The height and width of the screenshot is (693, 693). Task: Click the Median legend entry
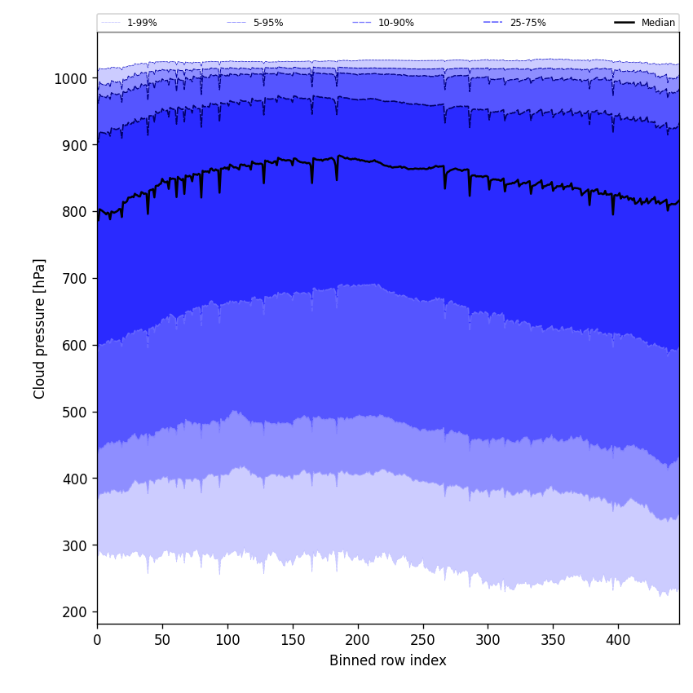658,23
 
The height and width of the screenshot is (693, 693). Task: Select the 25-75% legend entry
527,23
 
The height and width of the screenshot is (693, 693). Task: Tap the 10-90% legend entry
395,23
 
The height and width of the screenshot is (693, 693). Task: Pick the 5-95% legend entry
267,23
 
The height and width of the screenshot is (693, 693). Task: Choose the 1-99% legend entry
142,23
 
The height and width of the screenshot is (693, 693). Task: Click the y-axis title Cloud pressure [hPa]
40,329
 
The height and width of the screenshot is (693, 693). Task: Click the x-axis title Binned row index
387,660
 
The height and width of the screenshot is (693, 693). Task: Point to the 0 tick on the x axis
97,640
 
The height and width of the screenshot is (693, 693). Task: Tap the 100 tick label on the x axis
227,640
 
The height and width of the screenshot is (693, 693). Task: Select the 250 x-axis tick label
422,640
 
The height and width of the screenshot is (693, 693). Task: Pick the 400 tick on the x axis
618,640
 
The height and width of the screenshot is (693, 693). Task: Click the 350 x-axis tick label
553,640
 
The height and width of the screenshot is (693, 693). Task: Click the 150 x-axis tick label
293,640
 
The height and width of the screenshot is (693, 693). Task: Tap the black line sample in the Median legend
625,23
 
